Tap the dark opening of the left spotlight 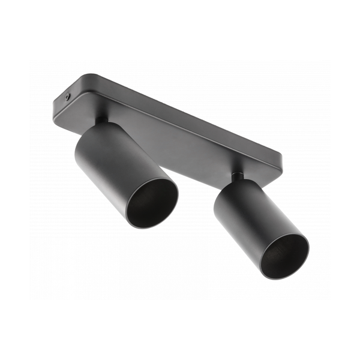coord(151,203)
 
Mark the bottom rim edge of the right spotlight coord(288,277)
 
